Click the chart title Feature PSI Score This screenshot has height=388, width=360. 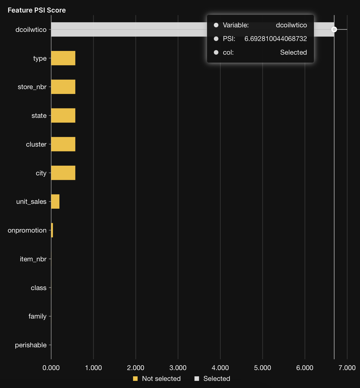coord(37,10)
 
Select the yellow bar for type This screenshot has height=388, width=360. coord(63,58)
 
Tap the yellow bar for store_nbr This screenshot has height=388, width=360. coord(63,87)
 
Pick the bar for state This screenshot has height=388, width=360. coord(63,116)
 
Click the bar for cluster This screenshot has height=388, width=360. coord(63,144)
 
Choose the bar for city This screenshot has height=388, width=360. coord(63,173)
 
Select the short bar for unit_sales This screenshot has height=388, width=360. coord(55,202)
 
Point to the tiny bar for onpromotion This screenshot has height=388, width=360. coord(52,230)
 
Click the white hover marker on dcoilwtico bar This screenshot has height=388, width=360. coord(334,29)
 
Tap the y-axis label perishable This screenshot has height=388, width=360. coord(31,345)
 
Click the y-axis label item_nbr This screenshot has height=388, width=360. coord(33,259)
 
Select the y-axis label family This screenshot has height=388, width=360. coord(37,316)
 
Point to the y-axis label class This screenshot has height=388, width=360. coord(38,288)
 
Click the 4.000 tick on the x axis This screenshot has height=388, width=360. coord(220,368)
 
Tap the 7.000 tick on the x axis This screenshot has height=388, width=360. coord(347,368)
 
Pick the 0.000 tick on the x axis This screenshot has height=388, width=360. coord(51,368)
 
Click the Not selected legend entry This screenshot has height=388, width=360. coord(161,379)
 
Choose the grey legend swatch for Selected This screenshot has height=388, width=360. coord(197,379)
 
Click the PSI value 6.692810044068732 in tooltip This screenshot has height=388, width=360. coord(276,39)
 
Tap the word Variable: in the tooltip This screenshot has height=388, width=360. coord(235,25)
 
